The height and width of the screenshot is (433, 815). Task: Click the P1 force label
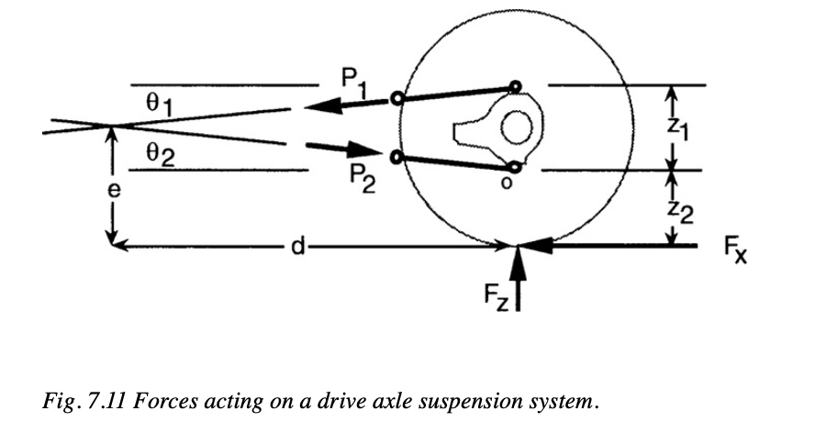355,82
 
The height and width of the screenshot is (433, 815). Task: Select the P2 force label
359,171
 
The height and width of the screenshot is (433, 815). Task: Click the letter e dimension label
112,190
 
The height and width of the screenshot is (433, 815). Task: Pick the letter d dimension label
296,247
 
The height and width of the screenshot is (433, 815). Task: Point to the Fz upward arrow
519,275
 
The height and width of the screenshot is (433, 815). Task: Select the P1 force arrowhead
318,108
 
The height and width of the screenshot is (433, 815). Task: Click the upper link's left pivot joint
396,99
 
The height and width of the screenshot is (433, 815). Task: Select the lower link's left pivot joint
396,157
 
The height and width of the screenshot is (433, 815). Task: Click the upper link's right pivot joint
516,88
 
